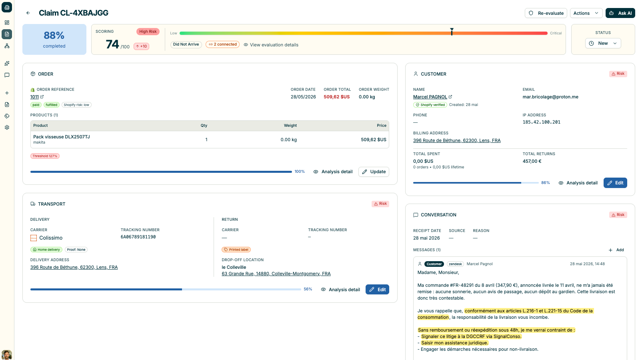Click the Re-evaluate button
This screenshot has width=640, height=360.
coord(546,13)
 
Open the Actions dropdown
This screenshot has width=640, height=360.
coord(586,13)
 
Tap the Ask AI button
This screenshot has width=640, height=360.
coord(620,13)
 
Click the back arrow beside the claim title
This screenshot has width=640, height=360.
coord(28,13)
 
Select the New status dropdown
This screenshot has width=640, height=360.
coord(603,43)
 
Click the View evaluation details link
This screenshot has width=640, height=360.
coord(271,45)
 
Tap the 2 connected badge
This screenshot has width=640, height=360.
coord(222,44)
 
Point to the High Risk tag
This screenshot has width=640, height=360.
coord(148,32)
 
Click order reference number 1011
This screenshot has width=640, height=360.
coord(34,97)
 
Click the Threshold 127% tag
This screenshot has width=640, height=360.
coord(45,156)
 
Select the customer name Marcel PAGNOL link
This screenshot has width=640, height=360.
coord(430,97)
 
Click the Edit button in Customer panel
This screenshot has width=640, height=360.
coord(615,183)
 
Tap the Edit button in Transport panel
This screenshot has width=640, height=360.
coord(377,290)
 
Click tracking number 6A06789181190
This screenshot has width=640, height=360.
coord(138,237)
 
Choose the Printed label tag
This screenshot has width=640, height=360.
coord(236,250)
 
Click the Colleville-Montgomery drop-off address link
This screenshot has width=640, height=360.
coord(276,274)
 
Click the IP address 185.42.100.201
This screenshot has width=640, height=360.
coord(542,122)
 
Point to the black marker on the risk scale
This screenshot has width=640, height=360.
coord(452,32)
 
